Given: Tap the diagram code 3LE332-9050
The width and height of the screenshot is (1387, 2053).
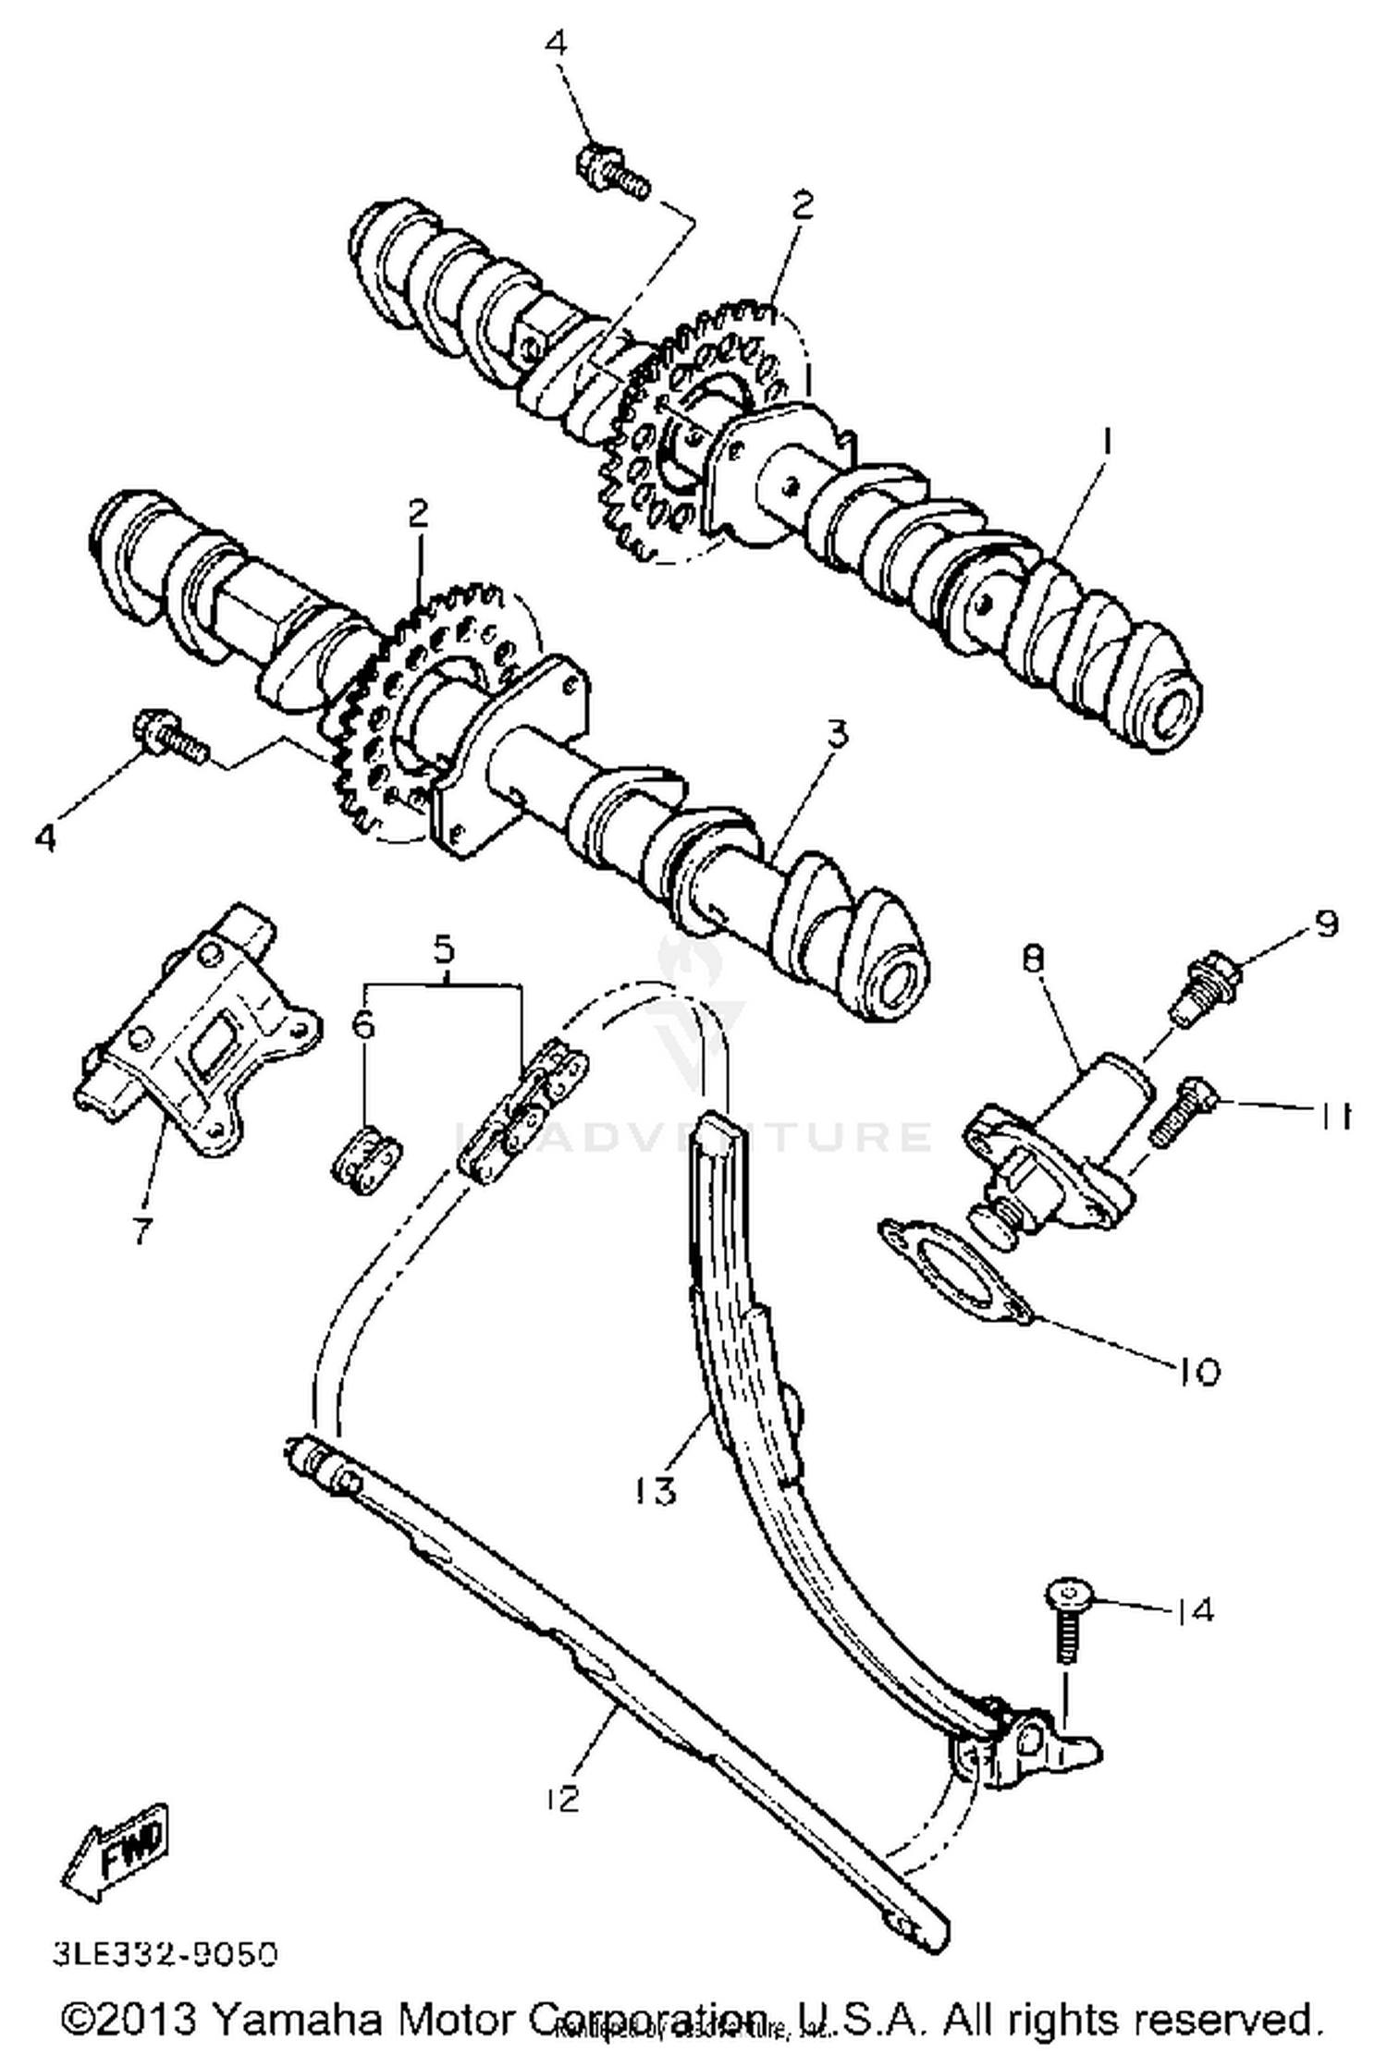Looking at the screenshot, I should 165,1955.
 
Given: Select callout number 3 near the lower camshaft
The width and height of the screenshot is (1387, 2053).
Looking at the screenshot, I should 837,735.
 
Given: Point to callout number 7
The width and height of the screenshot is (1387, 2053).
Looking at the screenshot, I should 141,1230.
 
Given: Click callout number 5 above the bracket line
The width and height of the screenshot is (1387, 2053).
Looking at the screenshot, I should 445,947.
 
